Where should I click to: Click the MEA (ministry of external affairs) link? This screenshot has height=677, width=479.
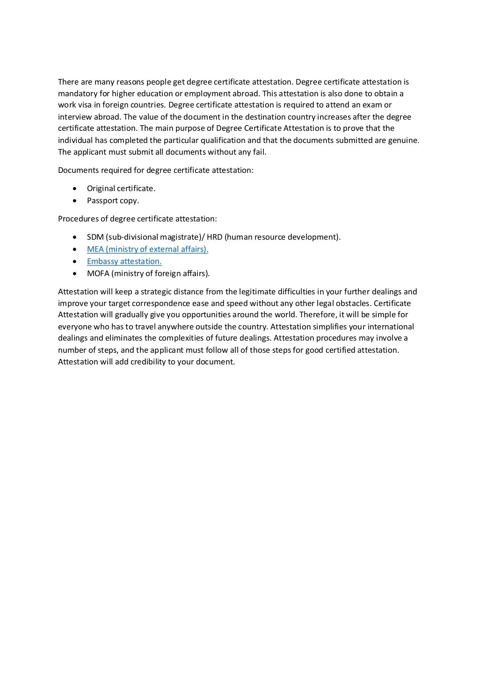pyautogui.click(x=147, y=249)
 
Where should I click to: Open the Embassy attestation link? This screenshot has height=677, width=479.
pyautogui.click(x=124, y=262)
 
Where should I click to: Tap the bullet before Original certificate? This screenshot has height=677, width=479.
pyautogui.click(x=75, y=189)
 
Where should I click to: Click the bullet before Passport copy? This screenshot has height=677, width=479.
pyautogui.click(x=75, y=201)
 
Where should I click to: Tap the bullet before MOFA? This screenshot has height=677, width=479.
pyautogui.click(x=75, y=274)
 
